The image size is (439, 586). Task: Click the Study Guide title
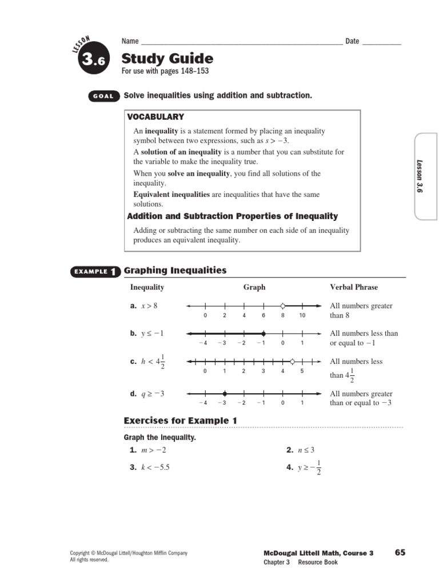click(167, 59)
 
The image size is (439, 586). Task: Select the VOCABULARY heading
click(155, 117)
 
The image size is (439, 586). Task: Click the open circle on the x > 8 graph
click(282, 306)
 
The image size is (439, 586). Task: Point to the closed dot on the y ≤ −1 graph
click(264, 333)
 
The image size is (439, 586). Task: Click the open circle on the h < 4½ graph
click(293, 361)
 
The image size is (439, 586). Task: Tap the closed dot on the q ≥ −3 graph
click(225, 393)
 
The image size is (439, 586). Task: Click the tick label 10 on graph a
click(302, 315)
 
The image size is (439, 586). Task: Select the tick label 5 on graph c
click(302, 371)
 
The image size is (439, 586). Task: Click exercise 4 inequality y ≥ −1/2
click(309, 468)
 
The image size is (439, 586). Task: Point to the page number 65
click(400, 552)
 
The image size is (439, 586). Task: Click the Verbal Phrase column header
click(354, 287)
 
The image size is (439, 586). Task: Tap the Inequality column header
click(147, 287)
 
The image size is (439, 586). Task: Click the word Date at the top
click(352, 41)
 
